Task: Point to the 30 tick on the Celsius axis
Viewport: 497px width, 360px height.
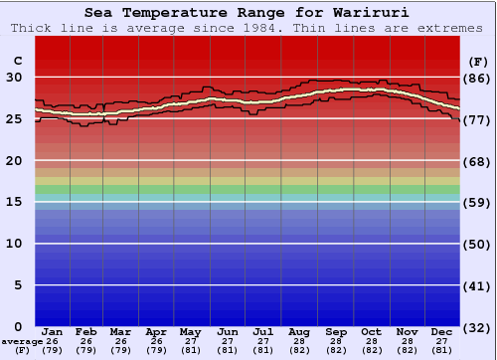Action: tap(15, 78)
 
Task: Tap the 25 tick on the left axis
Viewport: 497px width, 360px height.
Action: tap(15, 119)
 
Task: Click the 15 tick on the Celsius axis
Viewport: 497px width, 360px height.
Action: tap(15, 202)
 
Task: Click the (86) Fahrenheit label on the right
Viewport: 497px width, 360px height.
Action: tap(478, 78)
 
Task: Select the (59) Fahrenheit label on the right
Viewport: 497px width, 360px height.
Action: tap(478, 202)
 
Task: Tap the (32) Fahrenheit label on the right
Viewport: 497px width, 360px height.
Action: tap(478, 326)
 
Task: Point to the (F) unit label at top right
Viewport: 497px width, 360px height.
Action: tap(478, 60)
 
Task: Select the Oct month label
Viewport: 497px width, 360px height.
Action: tap(371, 331)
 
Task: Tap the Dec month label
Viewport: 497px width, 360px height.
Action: tap(442, 331)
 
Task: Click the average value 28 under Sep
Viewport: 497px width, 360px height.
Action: tap(335, 341)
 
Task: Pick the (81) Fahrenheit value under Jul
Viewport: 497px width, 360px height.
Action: tap(262, 350)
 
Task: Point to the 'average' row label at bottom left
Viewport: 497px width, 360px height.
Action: tap(21, 341)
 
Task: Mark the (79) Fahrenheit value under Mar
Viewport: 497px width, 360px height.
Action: tap(120, 350)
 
